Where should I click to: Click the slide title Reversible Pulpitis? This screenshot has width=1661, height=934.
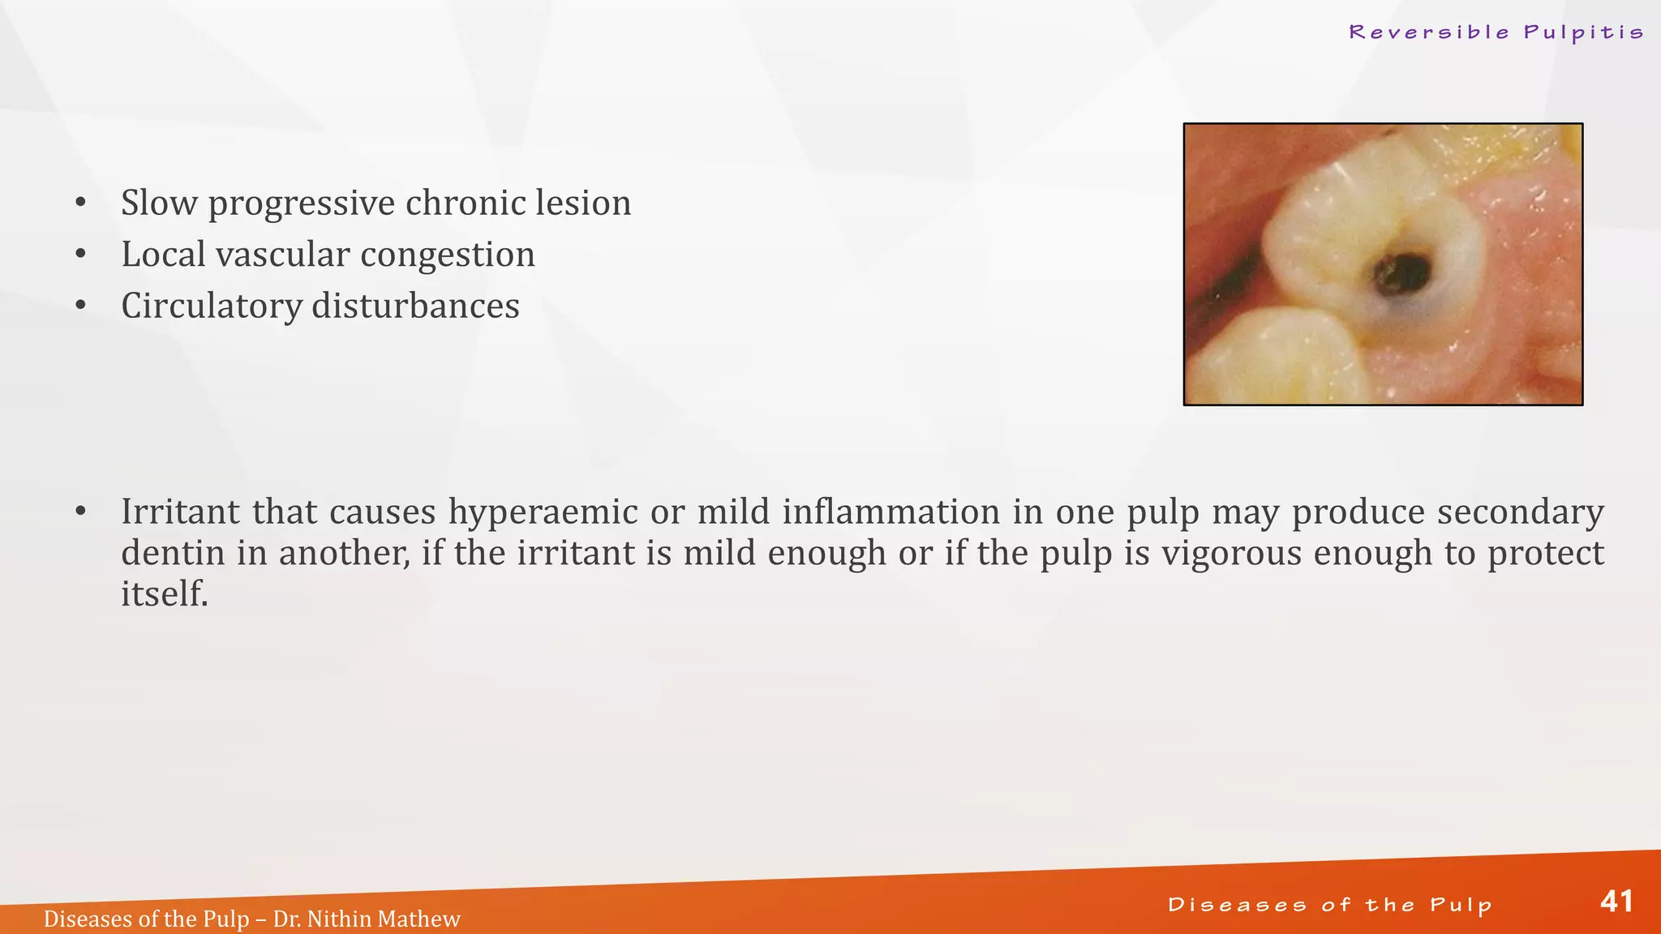click(1496, 32)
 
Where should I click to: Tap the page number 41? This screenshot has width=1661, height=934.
click(1616, 902)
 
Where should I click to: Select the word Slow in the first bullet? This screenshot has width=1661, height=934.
click(159, 203)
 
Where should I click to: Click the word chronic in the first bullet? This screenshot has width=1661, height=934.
click(453, 203)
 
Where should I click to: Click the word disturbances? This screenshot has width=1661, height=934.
click(415, 306)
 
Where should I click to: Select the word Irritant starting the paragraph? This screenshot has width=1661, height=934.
click(181, 512)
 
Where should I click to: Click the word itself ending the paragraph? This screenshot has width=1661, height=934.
click(164, 594)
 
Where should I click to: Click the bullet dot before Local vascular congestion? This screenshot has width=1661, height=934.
click(80, 255)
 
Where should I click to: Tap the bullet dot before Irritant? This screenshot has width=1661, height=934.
click(80, 512)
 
